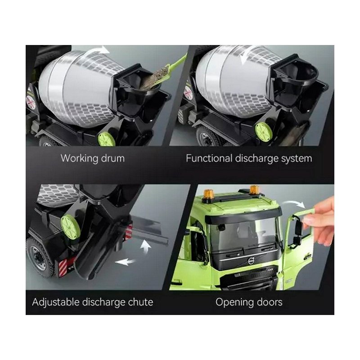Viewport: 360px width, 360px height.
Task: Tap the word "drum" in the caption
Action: coord(113,158)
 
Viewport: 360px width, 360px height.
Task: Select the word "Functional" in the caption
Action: coord(209,158)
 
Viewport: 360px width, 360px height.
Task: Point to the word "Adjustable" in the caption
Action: coord(56,302)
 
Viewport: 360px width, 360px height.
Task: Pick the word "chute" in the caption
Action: coord(140,302)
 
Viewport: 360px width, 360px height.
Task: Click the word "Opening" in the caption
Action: coord(230,302)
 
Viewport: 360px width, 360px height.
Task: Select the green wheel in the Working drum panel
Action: coord(107,139)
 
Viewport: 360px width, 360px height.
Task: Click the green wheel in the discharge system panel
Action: coord(264,130)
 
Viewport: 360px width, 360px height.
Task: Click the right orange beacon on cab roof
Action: coord(254,189)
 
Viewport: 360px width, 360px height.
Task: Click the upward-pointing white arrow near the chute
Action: coord(145,246)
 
